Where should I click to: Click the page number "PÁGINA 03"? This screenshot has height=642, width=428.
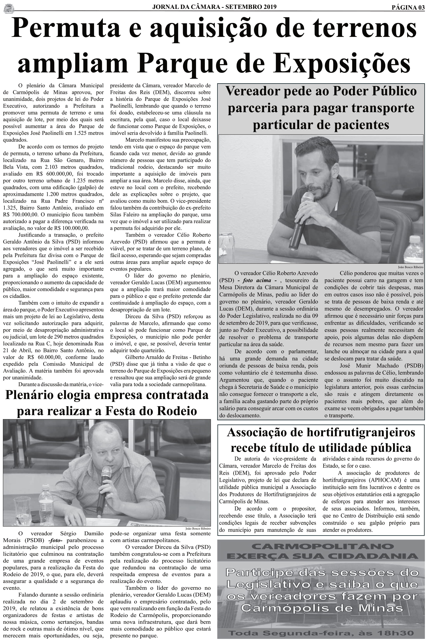click(408, 7)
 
